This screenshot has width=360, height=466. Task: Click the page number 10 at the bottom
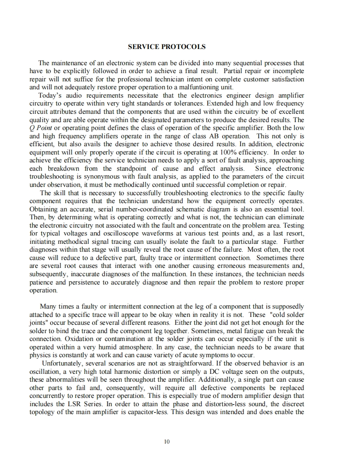tap(167, 441)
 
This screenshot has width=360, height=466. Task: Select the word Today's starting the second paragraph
tap(44, 95)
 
